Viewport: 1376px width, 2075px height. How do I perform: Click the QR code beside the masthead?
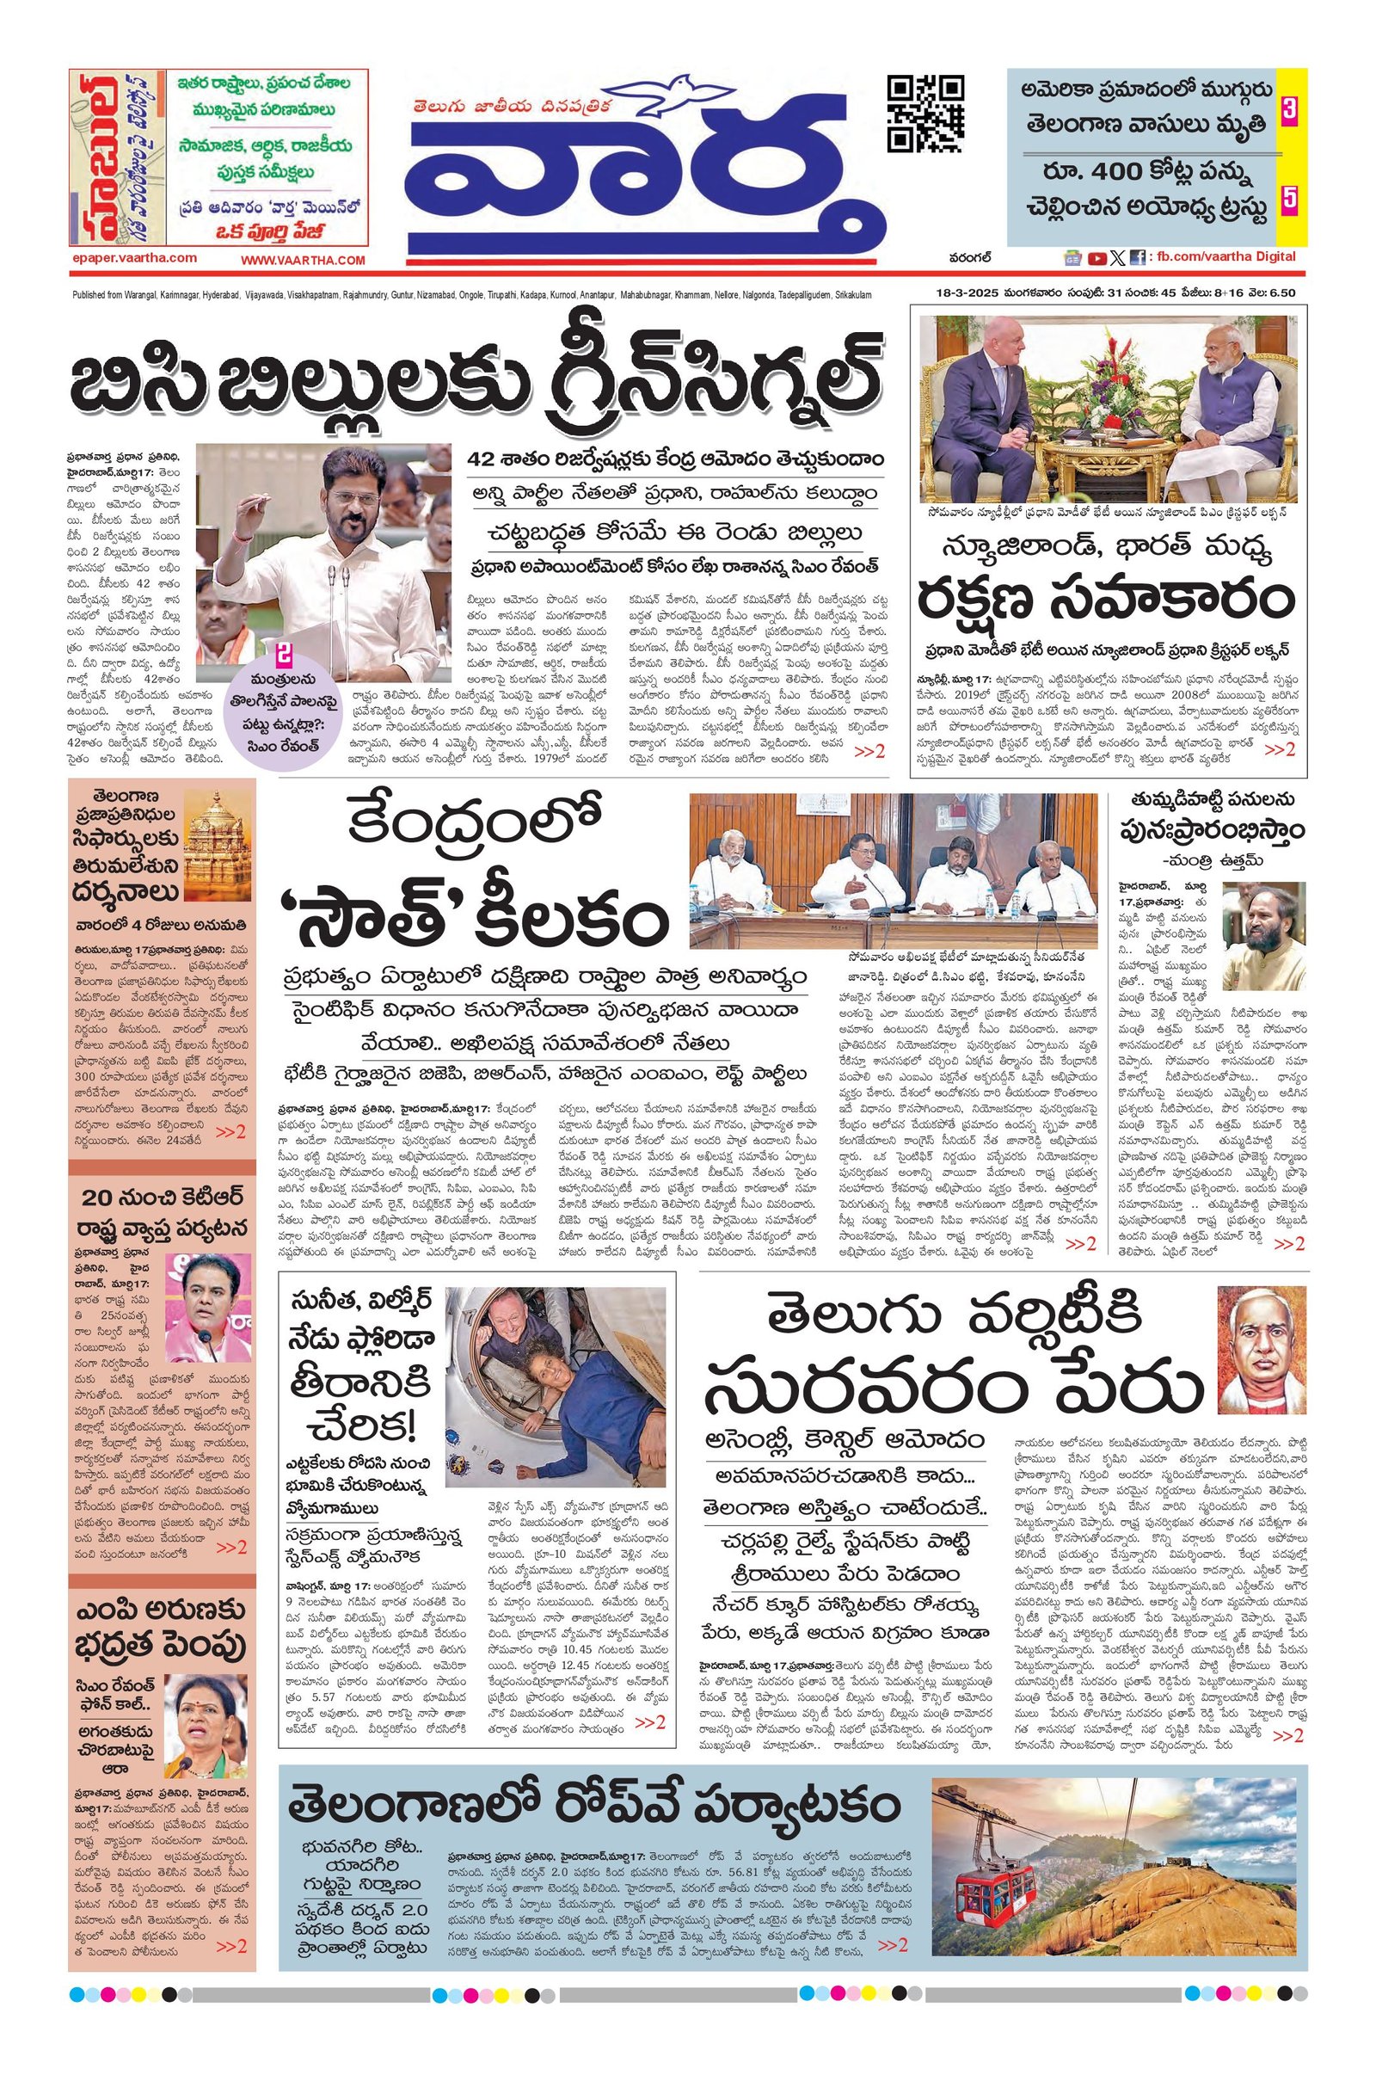926,114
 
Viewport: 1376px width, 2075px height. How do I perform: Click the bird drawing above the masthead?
682,95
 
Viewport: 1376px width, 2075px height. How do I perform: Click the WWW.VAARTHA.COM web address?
303,260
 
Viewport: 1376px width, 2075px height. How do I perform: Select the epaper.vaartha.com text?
135,258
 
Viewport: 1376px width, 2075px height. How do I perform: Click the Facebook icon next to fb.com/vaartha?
1136,258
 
